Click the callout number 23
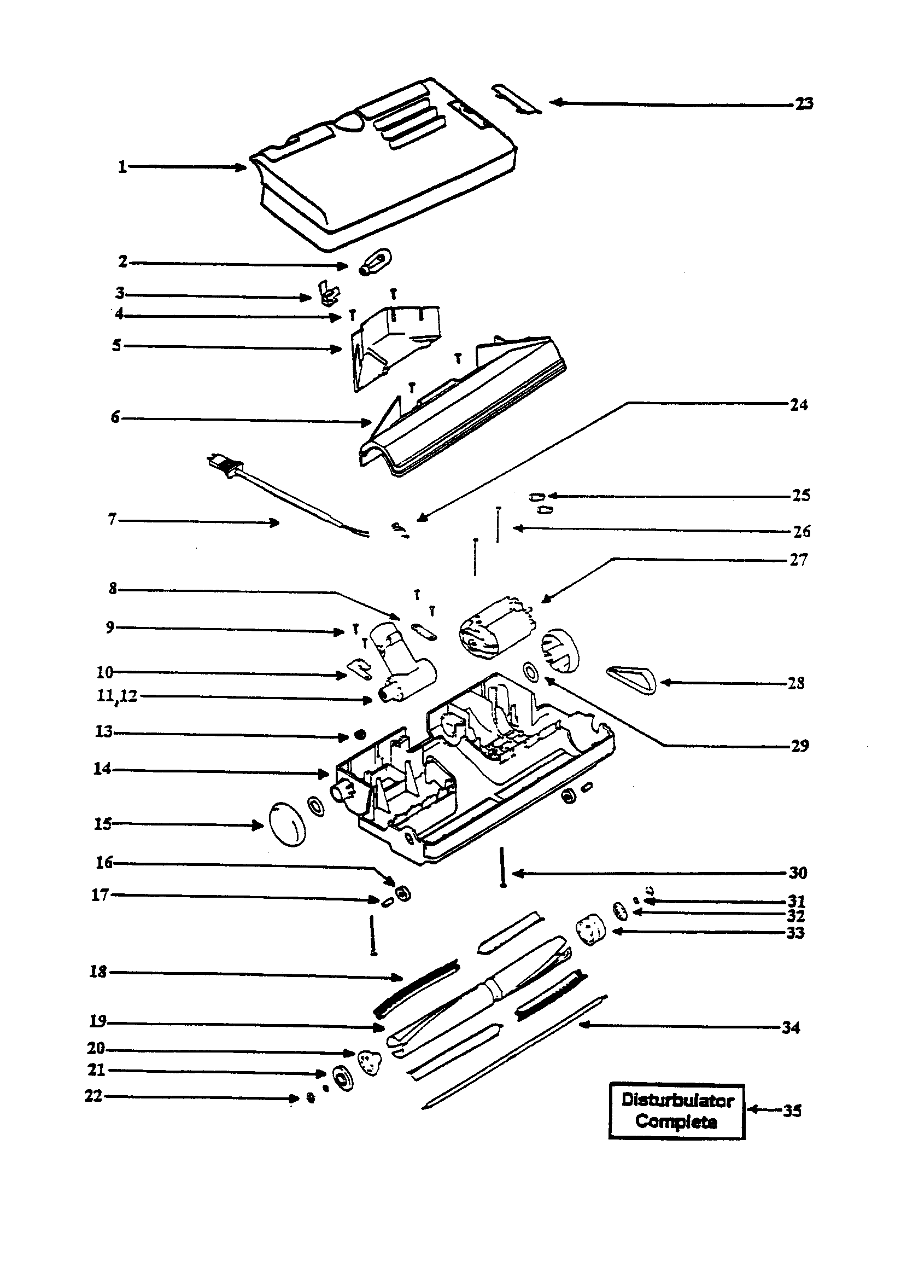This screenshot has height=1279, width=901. (x=804, y=103)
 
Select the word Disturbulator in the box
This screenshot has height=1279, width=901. (x=677, y=1100)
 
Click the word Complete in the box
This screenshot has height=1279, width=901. (x=676, y=1121)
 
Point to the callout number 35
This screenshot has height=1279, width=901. (x=792, y=1111)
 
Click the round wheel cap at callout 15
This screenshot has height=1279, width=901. (x=288, y=824)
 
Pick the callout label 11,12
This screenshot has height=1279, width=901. (x=118, y=696)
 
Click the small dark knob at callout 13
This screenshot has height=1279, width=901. (x=360, y=736)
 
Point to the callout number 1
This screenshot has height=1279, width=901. (x=122, y=166)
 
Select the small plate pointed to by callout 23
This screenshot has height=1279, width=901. (x=516, y=99)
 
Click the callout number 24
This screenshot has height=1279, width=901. (x=799, y=405)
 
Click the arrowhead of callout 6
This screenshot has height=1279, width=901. (x=366, y=423)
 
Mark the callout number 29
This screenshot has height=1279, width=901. (x=800, y=746)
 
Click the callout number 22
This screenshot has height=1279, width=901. (x=93, y=1096)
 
